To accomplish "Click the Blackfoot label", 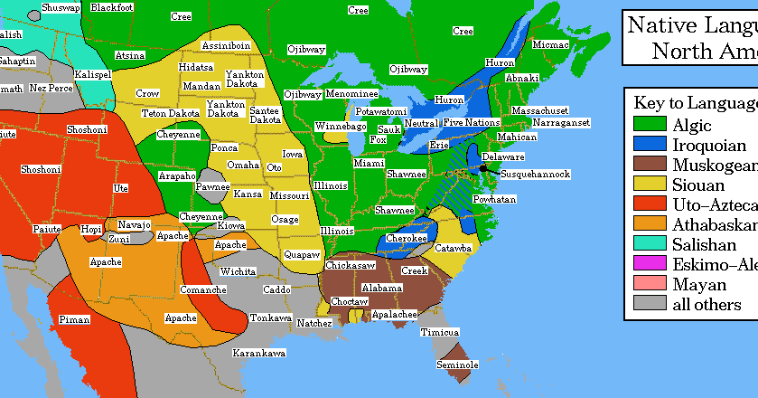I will (112, 7).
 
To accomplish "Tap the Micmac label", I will (550, 43).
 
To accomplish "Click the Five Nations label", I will (471, 122).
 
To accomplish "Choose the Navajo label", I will (134, 224).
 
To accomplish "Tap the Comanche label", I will (203, 289).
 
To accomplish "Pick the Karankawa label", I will (259, 352).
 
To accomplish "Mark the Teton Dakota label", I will (170, 113).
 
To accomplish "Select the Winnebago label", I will (341, 126).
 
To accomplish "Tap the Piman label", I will (75, 319).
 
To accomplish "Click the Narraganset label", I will (560, 122).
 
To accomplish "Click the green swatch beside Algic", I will (649, 125).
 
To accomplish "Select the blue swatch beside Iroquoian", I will (649, 145).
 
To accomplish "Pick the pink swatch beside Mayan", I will (649, 284).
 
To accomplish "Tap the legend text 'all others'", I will (707, 304).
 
